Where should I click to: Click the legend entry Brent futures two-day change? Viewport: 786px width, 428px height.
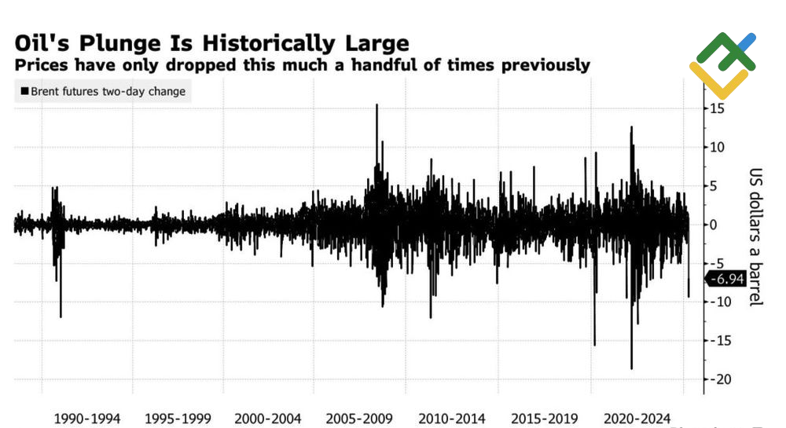tap(108, 92)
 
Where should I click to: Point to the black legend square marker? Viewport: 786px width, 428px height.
tap(25, 92)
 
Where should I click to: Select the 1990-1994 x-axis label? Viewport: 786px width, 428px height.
tap(87, 419)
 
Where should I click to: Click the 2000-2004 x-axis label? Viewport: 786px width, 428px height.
tap(268, 419)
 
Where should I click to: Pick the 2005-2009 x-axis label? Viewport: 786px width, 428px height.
tap(359, 419)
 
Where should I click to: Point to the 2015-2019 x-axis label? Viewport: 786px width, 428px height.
tap(543, 419)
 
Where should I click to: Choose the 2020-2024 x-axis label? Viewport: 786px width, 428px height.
tap(634, 419)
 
